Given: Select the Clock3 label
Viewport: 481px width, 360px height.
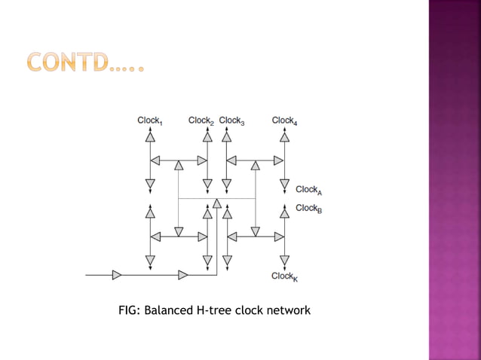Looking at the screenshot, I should pyautogui.click(x=231, y=121).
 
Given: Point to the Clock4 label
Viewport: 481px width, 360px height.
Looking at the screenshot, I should pyautogui.click(x=284, y=121).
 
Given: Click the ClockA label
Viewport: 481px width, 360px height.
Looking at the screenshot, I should pyautogui.click(x=309, y=190).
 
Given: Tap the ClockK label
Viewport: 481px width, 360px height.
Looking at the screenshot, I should pyautogui.click(x=285, y=276).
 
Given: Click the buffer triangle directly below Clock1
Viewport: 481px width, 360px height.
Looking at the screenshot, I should pyautogui.click(x=151, y=138).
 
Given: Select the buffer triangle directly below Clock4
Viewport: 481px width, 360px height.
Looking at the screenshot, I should pyautogui.click(x=284, y=138).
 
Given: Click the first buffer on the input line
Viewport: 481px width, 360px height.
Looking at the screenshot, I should pyautogui.click(x=117, y=274).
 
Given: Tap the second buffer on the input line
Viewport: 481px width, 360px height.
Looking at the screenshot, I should pyautogui.click(x=183, y=274).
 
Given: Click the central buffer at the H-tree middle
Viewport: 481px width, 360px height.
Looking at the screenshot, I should pyautogui.click(x=217, y=203).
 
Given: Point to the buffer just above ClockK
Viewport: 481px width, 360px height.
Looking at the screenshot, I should pyautogui.click(x=284, y=260).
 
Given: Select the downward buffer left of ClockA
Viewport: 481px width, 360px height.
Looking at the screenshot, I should pyautogui.click(x=284, y=184).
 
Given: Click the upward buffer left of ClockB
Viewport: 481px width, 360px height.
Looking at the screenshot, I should pyautogui.click(x=284, y=213).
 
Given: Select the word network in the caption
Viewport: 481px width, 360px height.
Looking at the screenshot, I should pyautogui.click(x=289, y=310).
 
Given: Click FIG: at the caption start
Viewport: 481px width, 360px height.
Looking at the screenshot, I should pyautogui.click(x=130, y=310).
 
